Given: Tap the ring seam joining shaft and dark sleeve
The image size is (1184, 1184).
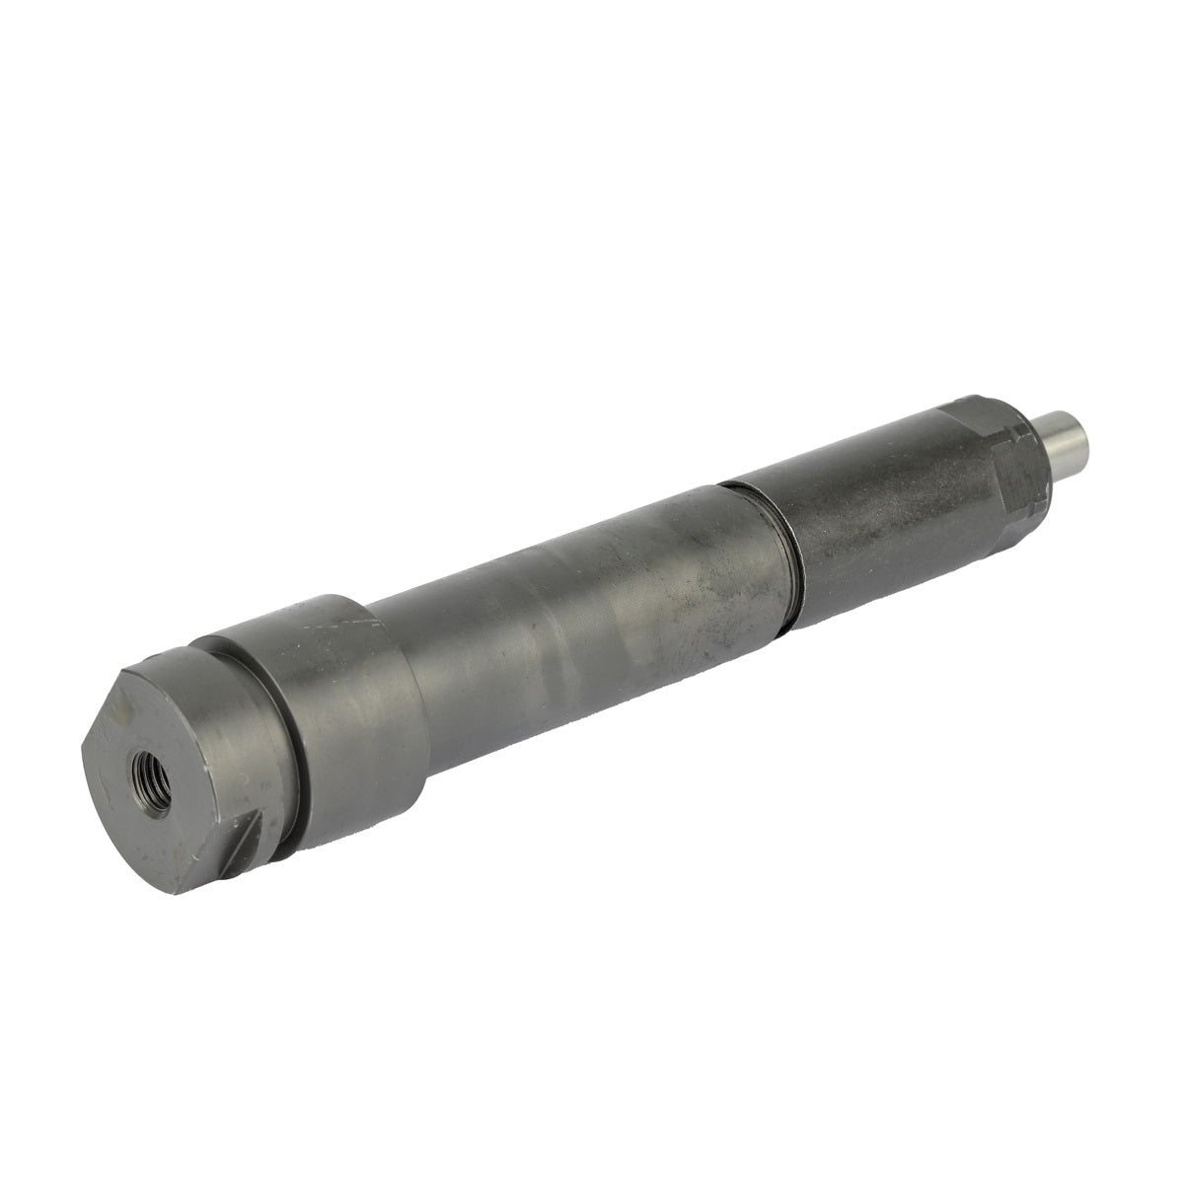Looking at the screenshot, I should tap(779, 553).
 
